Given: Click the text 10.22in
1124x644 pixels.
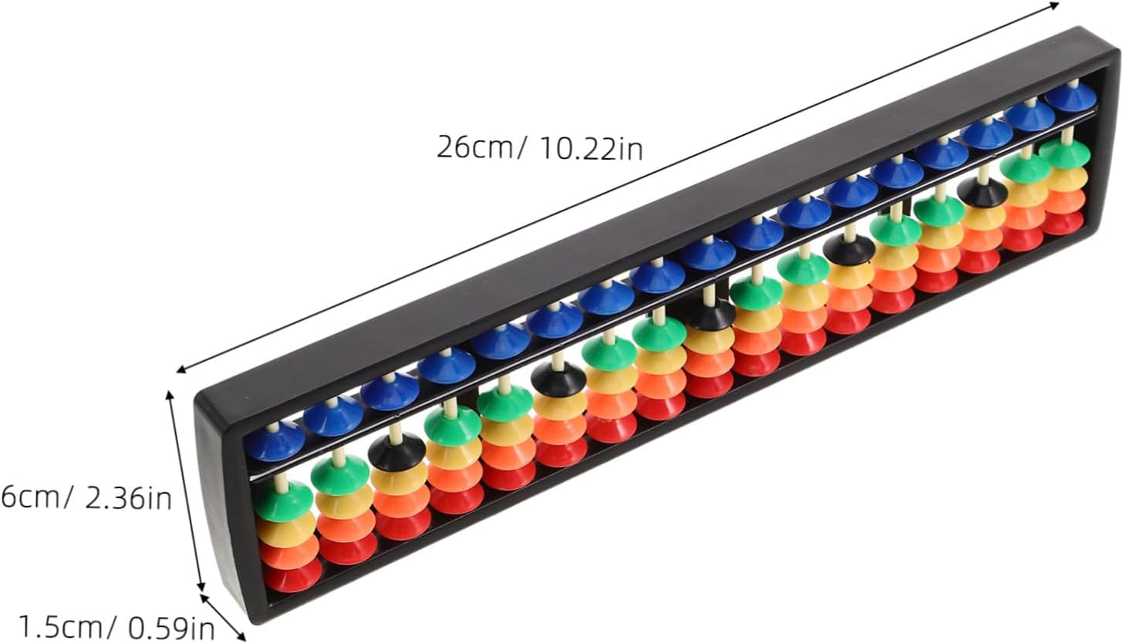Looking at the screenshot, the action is [591, 149].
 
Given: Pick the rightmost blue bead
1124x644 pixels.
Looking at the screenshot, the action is [1072, 98].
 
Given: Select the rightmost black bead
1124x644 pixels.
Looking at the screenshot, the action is [982, 192].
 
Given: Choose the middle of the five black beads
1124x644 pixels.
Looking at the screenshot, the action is [710, 315].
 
